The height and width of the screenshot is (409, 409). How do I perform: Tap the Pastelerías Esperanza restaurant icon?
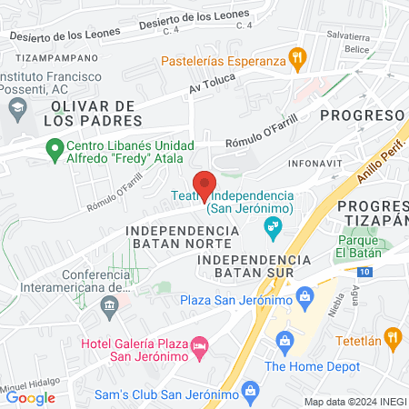pos(296,61)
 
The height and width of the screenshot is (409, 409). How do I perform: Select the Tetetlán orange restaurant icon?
pos(394,340)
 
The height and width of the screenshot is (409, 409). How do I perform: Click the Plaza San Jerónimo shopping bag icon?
pos(304,294)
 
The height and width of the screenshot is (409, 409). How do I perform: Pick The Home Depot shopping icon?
pos(285,342)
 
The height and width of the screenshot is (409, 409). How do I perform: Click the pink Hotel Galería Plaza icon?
pos(199,345)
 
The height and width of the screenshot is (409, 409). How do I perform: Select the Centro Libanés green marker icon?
pos(54,147)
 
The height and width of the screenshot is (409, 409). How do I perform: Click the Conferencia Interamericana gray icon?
pos(110,304)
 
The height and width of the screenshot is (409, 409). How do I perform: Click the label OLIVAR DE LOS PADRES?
pos(91,113)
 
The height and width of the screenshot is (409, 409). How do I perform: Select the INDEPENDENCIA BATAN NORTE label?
pos(183,238)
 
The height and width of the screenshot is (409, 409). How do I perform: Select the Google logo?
pos(31,397)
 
